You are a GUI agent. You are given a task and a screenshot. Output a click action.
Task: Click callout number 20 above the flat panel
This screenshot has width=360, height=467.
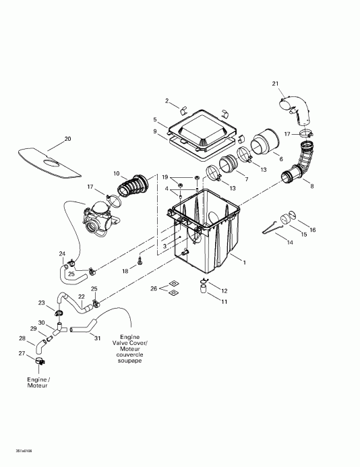(x=67, y=139)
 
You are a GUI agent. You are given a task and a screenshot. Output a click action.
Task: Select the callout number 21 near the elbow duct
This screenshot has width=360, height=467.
(x=275, y=83)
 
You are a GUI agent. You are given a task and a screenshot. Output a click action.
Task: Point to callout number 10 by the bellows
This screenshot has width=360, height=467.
(x=117, y=173)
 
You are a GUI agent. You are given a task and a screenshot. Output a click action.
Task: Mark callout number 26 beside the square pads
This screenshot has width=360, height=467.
(x=153, y=288)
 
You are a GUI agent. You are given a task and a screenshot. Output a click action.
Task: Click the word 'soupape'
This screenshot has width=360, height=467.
(x=129, y=361)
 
